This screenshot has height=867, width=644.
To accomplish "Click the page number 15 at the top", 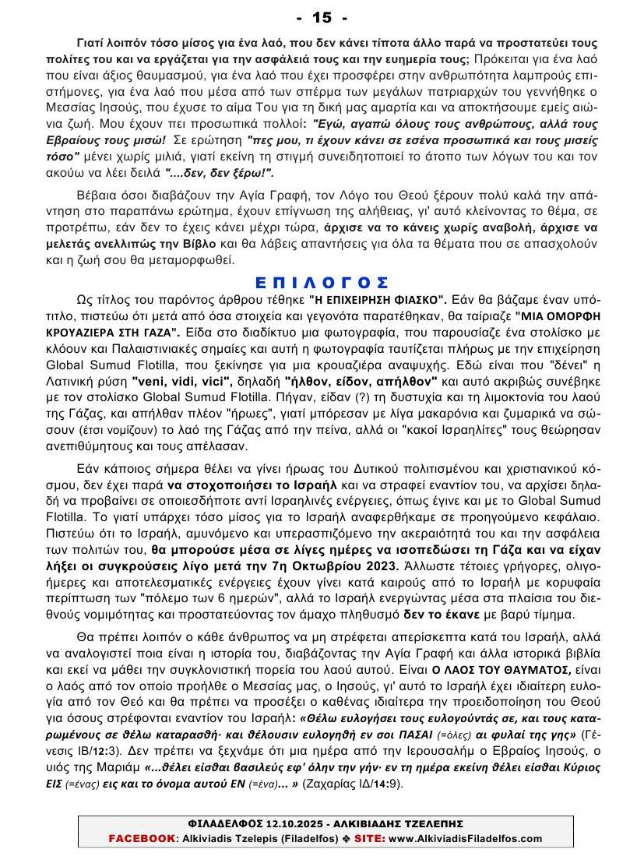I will pos(322,17).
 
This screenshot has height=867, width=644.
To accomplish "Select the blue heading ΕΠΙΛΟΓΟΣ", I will pos(322,282).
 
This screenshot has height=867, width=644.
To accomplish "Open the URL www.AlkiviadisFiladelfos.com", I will pos(465,838).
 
